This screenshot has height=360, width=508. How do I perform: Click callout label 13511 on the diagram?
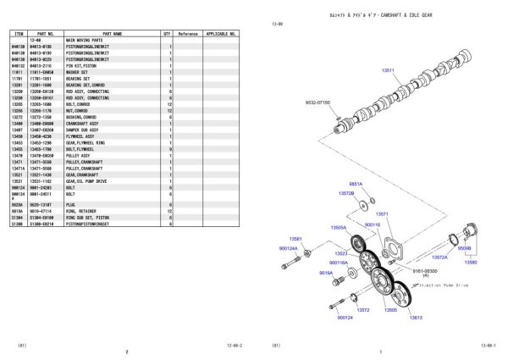tap(387, 72)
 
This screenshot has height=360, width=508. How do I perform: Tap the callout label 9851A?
tap(356, 183)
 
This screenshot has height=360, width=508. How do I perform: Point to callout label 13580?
tap(470, 263)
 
